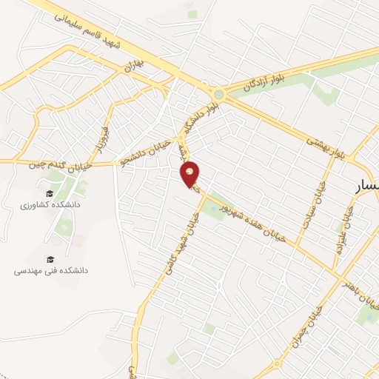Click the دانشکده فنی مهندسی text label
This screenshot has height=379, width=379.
[x=51, y=271]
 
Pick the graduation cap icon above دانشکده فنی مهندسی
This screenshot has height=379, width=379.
[x=50, y=258]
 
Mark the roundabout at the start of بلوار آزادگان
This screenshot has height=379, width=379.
[x=218, y=94]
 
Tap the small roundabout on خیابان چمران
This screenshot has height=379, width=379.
[x=276, y=364]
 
